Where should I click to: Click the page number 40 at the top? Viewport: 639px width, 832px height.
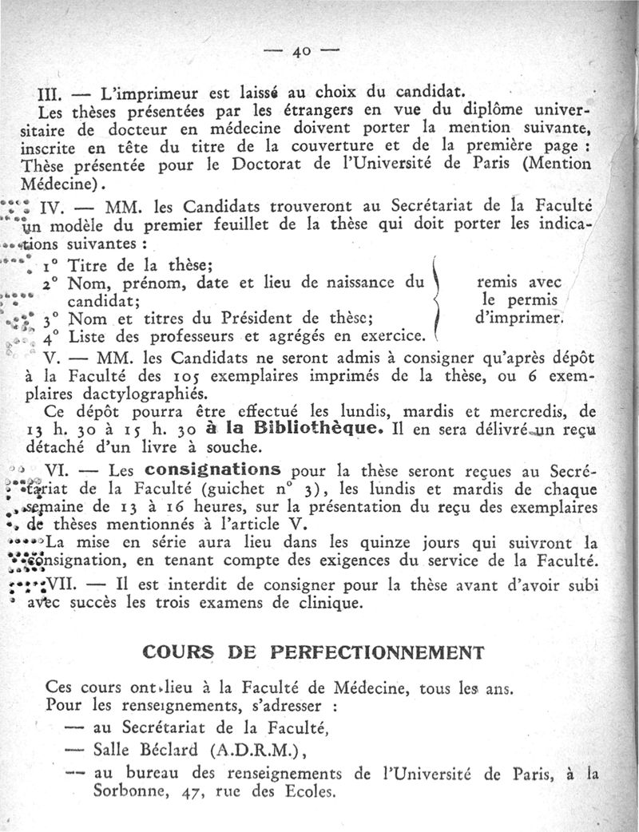coord(301,52)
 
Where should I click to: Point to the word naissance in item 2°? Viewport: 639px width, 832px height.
coord(359,283)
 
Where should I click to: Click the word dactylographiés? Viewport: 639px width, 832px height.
coord(140,391)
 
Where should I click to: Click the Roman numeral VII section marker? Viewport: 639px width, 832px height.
coord(62,584)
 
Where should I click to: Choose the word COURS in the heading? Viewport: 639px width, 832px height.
coord(177,651)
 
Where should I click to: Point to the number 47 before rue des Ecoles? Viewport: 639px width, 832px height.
coord(190,794)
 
